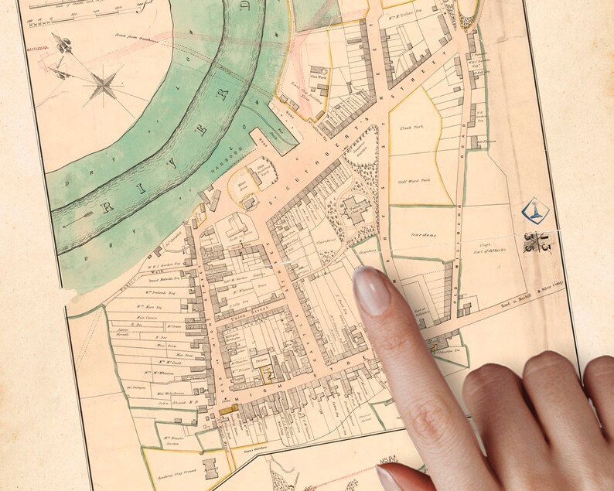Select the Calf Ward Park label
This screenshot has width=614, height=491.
click(413, 180)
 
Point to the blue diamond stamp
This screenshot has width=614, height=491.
click(531, 210)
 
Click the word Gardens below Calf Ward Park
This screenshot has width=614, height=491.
click(423, 234)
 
